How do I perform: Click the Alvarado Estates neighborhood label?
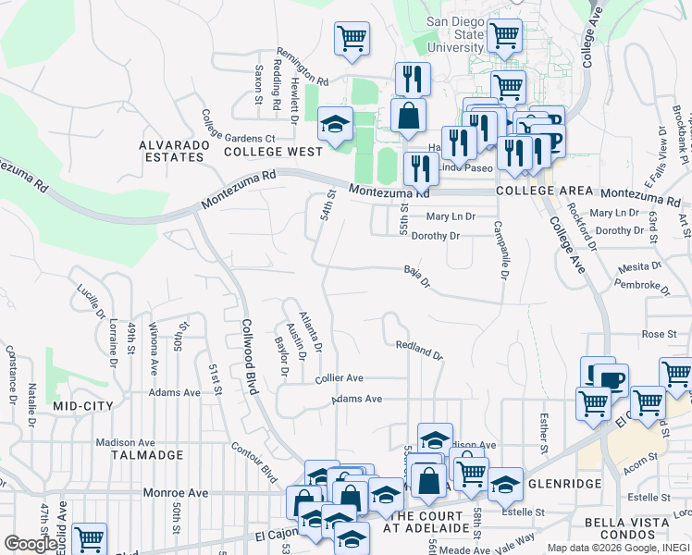tap(171, 151)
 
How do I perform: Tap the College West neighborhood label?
tap(273, 151)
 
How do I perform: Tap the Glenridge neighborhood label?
tap(564, 484)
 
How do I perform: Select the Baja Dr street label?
tap(417, 276)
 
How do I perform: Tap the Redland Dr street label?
tap(419, 349)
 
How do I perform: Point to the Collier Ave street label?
tap(339, 378)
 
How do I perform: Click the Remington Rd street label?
tap(303, 67)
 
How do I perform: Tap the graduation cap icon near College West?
tap(335, 123)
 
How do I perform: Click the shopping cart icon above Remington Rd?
tap(352, 39)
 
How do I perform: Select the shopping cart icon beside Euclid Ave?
tap(89, 538)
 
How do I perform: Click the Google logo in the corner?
tap(31, 544)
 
